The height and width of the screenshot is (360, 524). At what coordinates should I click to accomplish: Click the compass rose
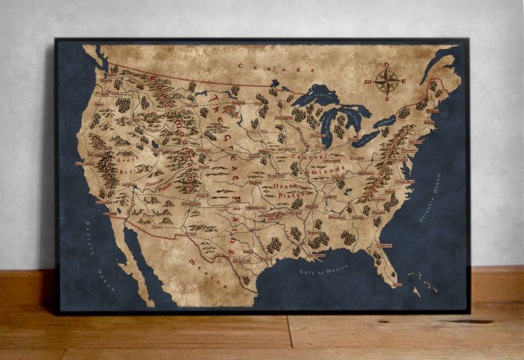coord(387,81)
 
